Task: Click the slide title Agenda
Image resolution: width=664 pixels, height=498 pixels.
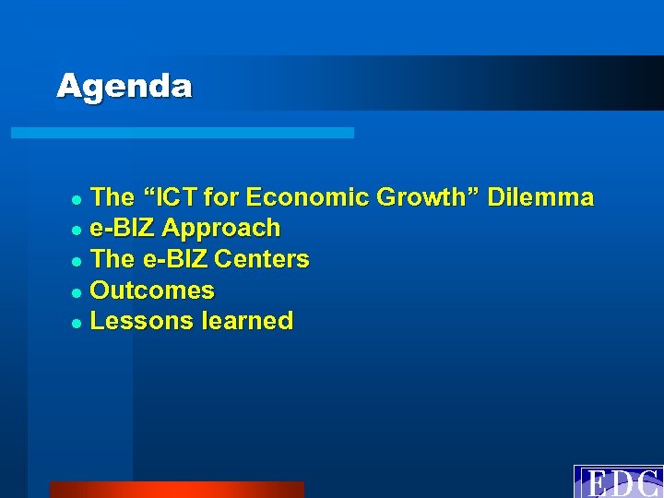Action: coord(125,87)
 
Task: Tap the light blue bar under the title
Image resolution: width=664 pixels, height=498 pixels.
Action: coord(182,133)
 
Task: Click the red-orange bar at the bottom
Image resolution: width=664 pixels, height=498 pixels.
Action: coord(176,490)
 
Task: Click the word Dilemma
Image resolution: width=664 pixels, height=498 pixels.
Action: coord(540,197)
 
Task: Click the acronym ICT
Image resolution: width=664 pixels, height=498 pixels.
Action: coord(174,197)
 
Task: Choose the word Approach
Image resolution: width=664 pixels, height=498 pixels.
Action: coord(221,228)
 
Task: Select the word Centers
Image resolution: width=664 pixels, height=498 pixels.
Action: coord(262,259)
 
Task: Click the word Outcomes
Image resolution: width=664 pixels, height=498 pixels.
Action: coord(153,290)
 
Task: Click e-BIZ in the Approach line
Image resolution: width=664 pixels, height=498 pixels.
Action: coord(123,228)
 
